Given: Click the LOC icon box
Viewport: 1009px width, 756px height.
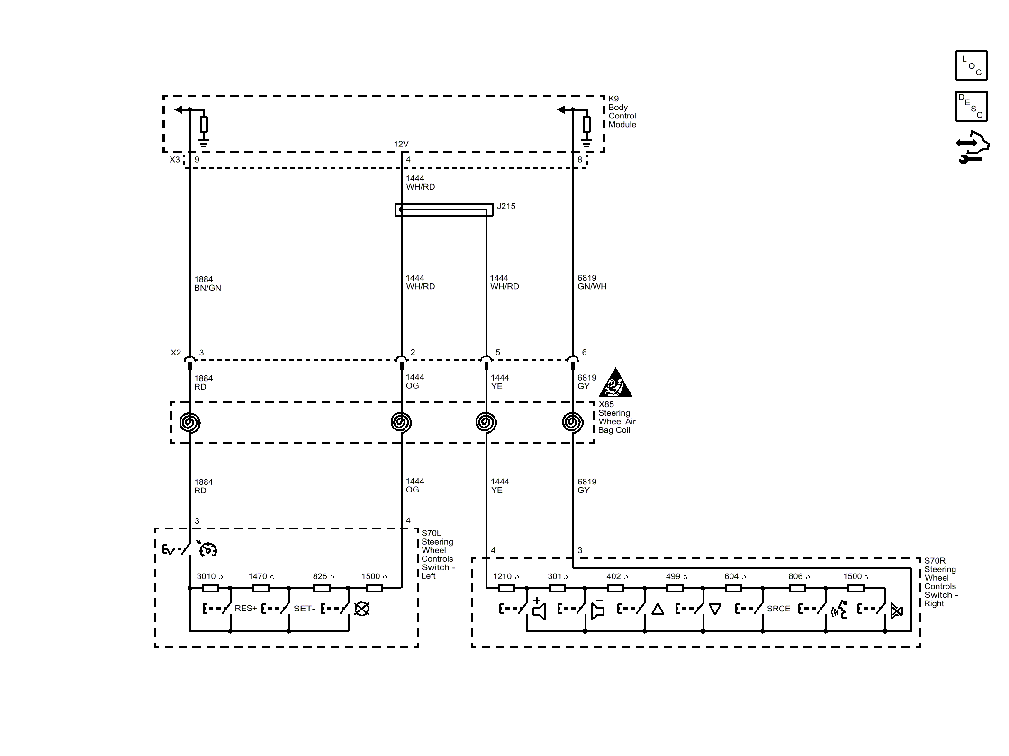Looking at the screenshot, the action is tap(971, 65).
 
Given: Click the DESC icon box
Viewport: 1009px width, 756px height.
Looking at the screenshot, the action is tap(971, 106).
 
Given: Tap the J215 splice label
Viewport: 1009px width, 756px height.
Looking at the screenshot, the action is tap(506, 206).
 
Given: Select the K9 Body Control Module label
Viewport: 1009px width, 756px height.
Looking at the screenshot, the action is tap(622, 112).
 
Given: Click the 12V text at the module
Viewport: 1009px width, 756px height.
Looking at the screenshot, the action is tap(401, 144).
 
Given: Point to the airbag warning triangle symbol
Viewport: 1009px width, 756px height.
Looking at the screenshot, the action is tap(615, 383).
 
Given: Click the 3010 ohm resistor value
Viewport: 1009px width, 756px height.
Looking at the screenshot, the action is tap(209, 576).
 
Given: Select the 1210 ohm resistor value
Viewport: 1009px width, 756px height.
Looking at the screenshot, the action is tap(506, 576).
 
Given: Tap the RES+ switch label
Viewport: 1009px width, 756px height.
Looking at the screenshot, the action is tap(246, 609).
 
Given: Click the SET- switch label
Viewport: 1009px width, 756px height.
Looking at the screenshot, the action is tap(304, 609).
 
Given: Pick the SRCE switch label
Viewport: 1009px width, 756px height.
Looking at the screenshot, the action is tap(778, 609).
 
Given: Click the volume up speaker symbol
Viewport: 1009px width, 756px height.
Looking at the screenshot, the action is tap(539, 609).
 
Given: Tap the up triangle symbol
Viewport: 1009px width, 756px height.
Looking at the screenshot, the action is tap(658, 609).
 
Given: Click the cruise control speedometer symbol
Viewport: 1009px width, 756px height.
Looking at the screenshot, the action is tap(207, 548).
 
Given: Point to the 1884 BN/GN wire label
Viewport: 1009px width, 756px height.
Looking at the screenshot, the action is tap(207, 283).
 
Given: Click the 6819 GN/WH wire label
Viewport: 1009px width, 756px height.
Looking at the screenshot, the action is tap(592, 282).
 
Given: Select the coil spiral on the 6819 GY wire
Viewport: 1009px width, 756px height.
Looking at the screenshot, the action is tap(573, 422).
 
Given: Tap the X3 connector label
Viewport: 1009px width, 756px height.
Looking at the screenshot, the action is tap(175, 160).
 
